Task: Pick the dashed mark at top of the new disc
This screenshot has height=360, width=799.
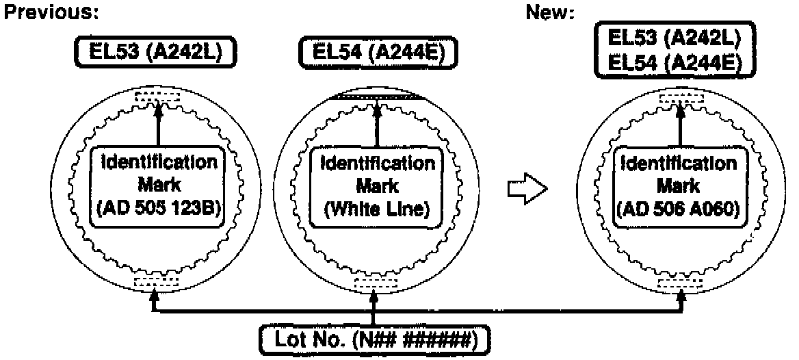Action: coord(680,99)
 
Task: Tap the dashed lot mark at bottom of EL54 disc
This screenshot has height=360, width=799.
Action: coord(374,282)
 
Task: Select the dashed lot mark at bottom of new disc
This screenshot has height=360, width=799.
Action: coord(680,282)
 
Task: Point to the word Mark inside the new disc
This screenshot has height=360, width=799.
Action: coord(680,186)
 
